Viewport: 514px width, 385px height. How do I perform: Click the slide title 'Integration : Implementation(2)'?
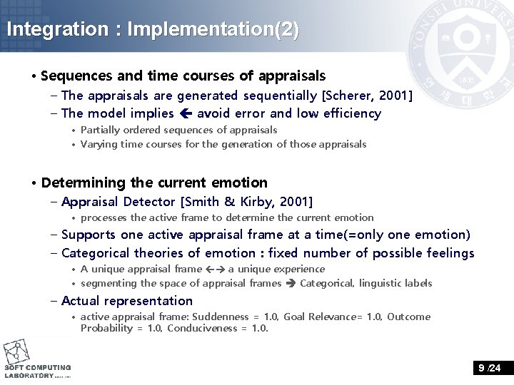pyautogui.click(x=152, y=30)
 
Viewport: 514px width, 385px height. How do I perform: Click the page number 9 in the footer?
pyautogui.click(x=482, y=368)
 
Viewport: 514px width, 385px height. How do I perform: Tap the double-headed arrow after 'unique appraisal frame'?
pyautogui.click(x=215, y=269)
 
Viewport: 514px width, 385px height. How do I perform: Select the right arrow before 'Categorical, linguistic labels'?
pyautogui.click(x=290, y=283)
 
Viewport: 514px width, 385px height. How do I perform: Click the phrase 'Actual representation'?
pyautogui.click(x=127, y=301)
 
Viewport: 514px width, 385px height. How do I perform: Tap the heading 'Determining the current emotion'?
pyautogui.click(x=154, y=183)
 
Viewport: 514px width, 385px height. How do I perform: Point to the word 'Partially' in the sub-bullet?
pyautogui.click(x=100, y=130)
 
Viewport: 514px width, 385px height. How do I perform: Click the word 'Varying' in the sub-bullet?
pyautogui.click(x=98, y=144)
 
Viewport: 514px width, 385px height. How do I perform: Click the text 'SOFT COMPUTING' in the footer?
pyautogui.click(x=38, y=368)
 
